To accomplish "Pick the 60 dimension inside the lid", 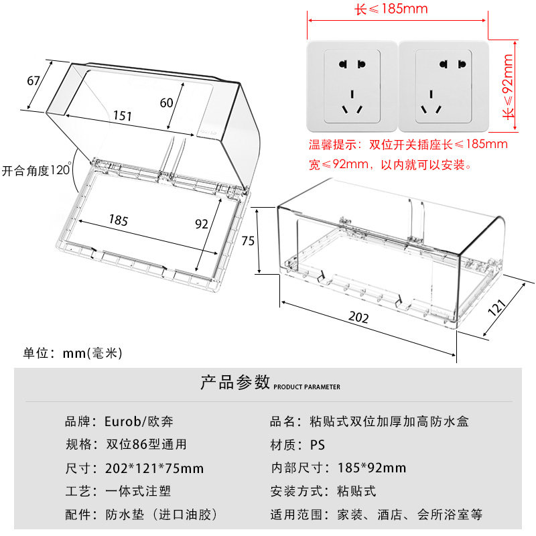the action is pos(167,102).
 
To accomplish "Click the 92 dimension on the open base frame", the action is pos(202,224).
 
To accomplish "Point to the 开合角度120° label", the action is pos(36,171).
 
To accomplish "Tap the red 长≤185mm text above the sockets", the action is pos(391,9).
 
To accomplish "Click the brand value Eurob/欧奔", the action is pos(142,422).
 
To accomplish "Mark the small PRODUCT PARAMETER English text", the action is pos(307,387).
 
